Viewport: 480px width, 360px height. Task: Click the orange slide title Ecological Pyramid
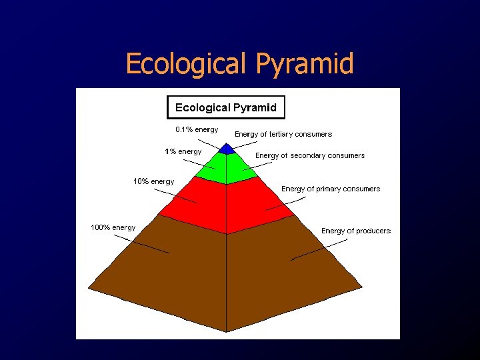pos(239,64)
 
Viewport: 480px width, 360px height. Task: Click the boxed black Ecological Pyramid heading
pos(225,107)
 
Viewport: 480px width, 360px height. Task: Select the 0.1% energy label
pos(197,129)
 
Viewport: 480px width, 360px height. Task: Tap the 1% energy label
pos(183,151)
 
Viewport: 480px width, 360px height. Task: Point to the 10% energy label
pos(153,181)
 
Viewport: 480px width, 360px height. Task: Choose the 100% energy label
pos(113,227)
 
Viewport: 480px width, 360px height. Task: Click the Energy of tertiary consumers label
pos(283,134)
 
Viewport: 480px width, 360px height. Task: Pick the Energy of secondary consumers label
pos(310,155)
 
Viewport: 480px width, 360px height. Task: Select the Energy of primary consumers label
pos(331,189)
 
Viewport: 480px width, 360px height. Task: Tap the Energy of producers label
pos(356,231)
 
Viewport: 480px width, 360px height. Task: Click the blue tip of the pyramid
pos(227,149)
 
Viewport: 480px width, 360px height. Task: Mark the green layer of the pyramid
pos(227,168)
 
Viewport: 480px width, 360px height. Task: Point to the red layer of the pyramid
pos(227,203)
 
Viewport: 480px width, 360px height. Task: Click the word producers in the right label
pos(373,231)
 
